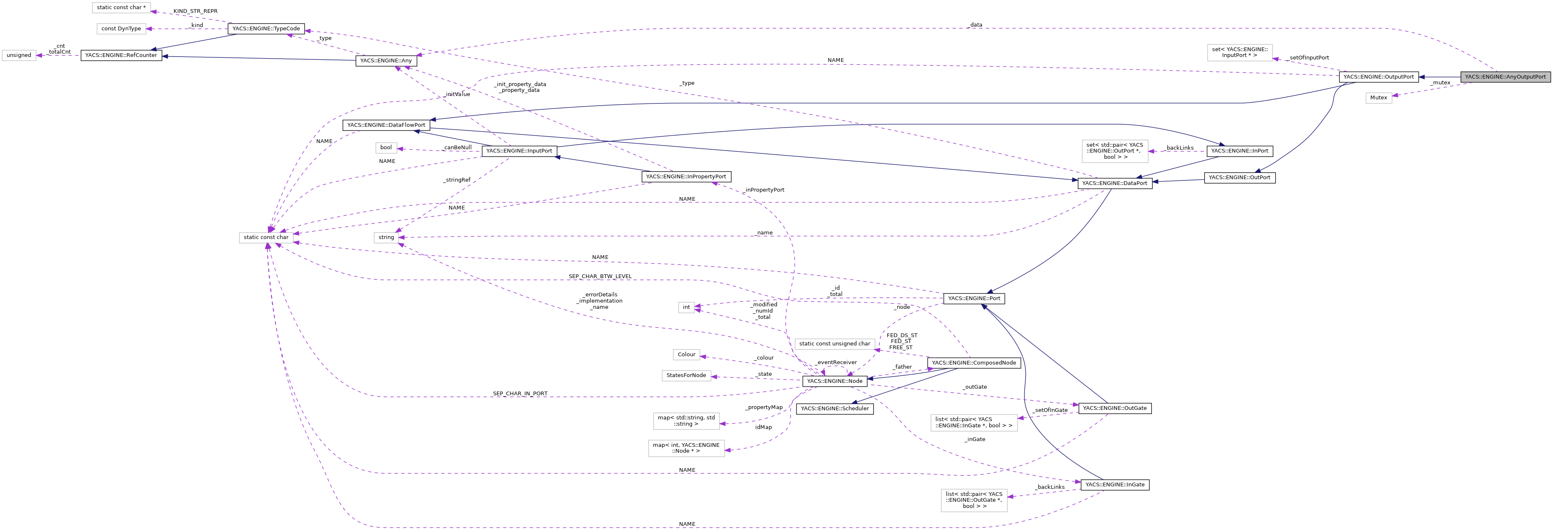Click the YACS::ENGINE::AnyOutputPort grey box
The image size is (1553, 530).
pyautogui.click(x=1505, y=77)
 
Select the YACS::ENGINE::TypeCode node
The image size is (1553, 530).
pyautogui.click(x=266, y=28)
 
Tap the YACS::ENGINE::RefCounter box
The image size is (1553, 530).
pyautogui.click(x=121, y=55)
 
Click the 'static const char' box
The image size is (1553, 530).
pyautogui.click(x=266, y=237)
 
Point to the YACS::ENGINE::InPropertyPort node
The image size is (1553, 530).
pyautogui.click(x=686, y=177)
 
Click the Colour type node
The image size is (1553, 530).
pyautogui.click(x=686, y=354)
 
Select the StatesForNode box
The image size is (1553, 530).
pyautogui.click(x=686, y=375)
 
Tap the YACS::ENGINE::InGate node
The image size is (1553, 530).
pyautogui.click(x=1115, y=484)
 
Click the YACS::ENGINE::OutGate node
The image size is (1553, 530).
pyautogui.click(x=1115, y=408)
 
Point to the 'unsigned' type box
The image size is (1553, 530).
pyautogui.click(x=19, y=55)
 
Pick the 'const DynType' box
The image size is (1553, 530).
pyautogui.click(x=121, y=28)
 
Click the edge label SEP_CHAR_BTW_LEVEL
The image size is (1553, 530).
pyautogui.click(x=600, y=276)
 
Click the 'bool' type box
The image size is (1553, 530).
pyautogui.click(x=386, y=148)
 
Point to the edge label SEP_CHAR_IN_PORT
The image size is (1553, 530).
pyautogui.click(x=520, y=394)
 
